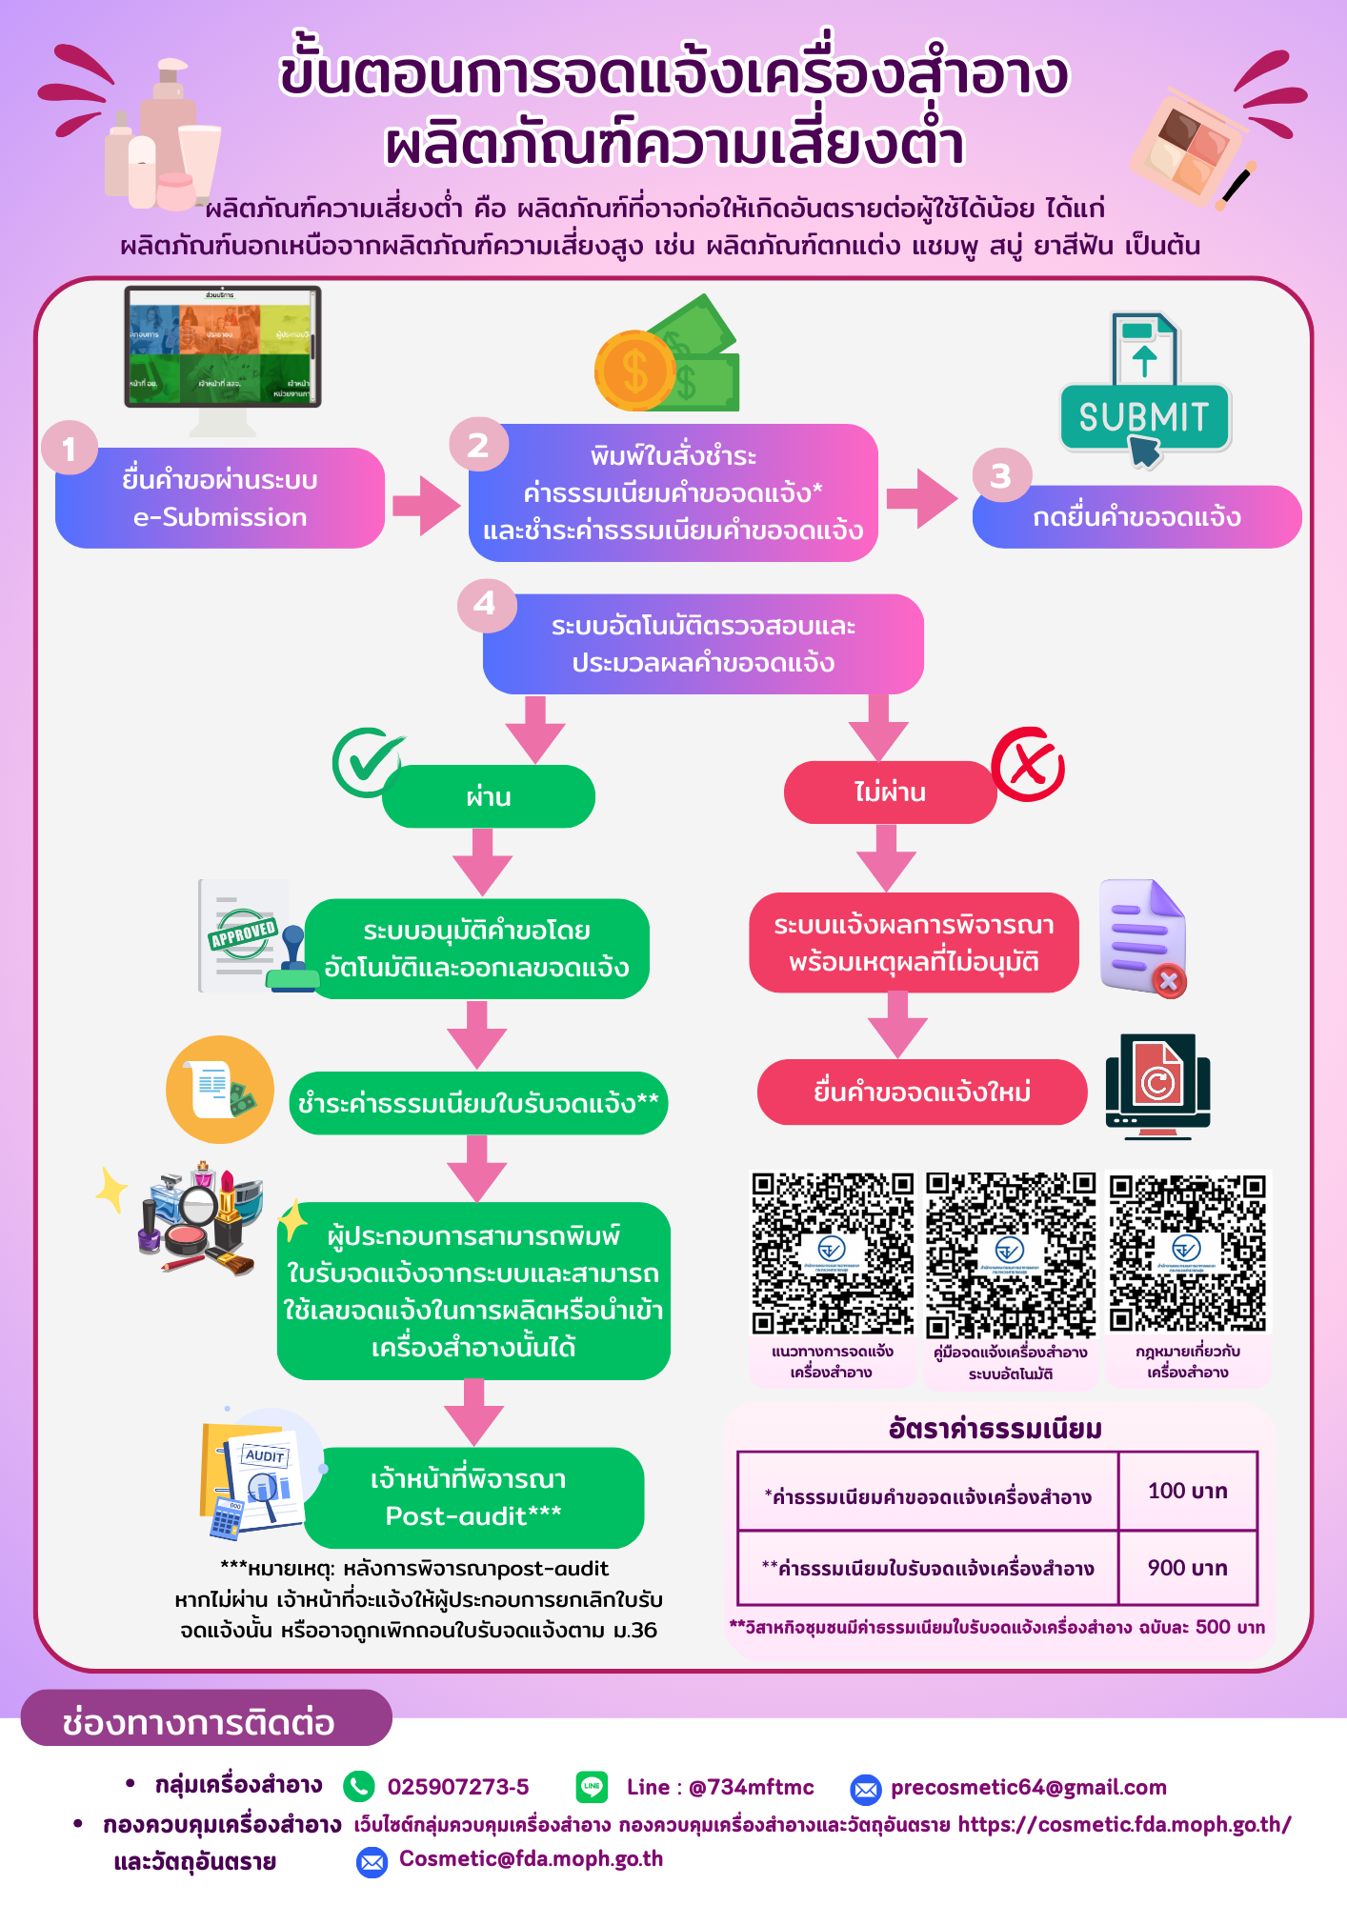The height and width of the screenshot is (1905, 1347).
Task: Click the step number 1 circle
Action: pos(69,448)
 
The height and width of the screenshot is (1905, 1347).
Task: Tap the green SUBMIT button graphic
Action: pos(1144,417)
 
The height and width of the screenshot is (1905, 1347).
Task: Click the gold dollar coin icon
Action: pos(633,371)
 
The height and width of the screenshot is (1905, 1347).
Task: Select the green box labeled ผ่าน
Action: pos(489,796)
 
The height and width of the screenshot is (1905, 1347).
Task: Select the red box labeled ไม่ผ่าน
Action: pos(890,792)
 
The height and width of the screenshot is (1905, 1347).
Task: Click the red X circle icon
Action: pos(1028,764)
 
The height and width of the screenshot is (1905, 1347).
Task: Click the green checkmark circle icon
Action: pos(366,762)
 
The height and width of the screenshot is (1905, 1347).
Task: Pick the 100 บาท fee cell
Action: pos(1187,1491)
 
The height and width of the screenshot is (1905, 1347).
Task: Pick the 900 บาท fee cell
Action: pos(1187,1568)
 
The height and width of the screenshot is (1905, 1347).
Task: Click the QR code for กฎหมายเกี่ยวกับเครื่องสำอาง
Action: pos(1187,1252)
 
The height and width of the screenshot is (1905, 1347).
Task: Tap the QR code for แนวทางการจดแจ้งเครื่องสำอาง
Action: pos(833,1252)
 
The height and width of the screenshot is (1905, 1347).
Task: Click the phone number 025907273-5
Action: pos(457,1787)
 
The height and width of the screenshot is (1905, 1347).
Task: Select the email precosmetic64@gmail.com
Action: pos(1028,1787)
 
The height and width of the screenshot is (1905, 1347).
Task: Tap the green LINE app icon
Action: pos(592,1787)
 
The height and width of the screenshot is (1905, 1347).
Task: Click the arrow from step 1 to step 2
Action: pos(425,505)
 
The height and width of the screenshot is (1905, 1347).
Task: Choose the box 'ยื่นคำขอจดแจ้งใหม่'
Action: pos(921,1092)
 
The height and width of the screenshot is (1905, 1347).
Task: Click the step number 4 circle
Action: pos(486,603)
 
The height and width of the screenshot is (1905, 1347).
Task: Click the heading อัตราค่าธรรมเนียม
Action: pos(995,1429)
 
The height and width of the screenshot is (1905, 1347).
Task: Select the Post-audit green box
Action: pos(473,1497)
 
